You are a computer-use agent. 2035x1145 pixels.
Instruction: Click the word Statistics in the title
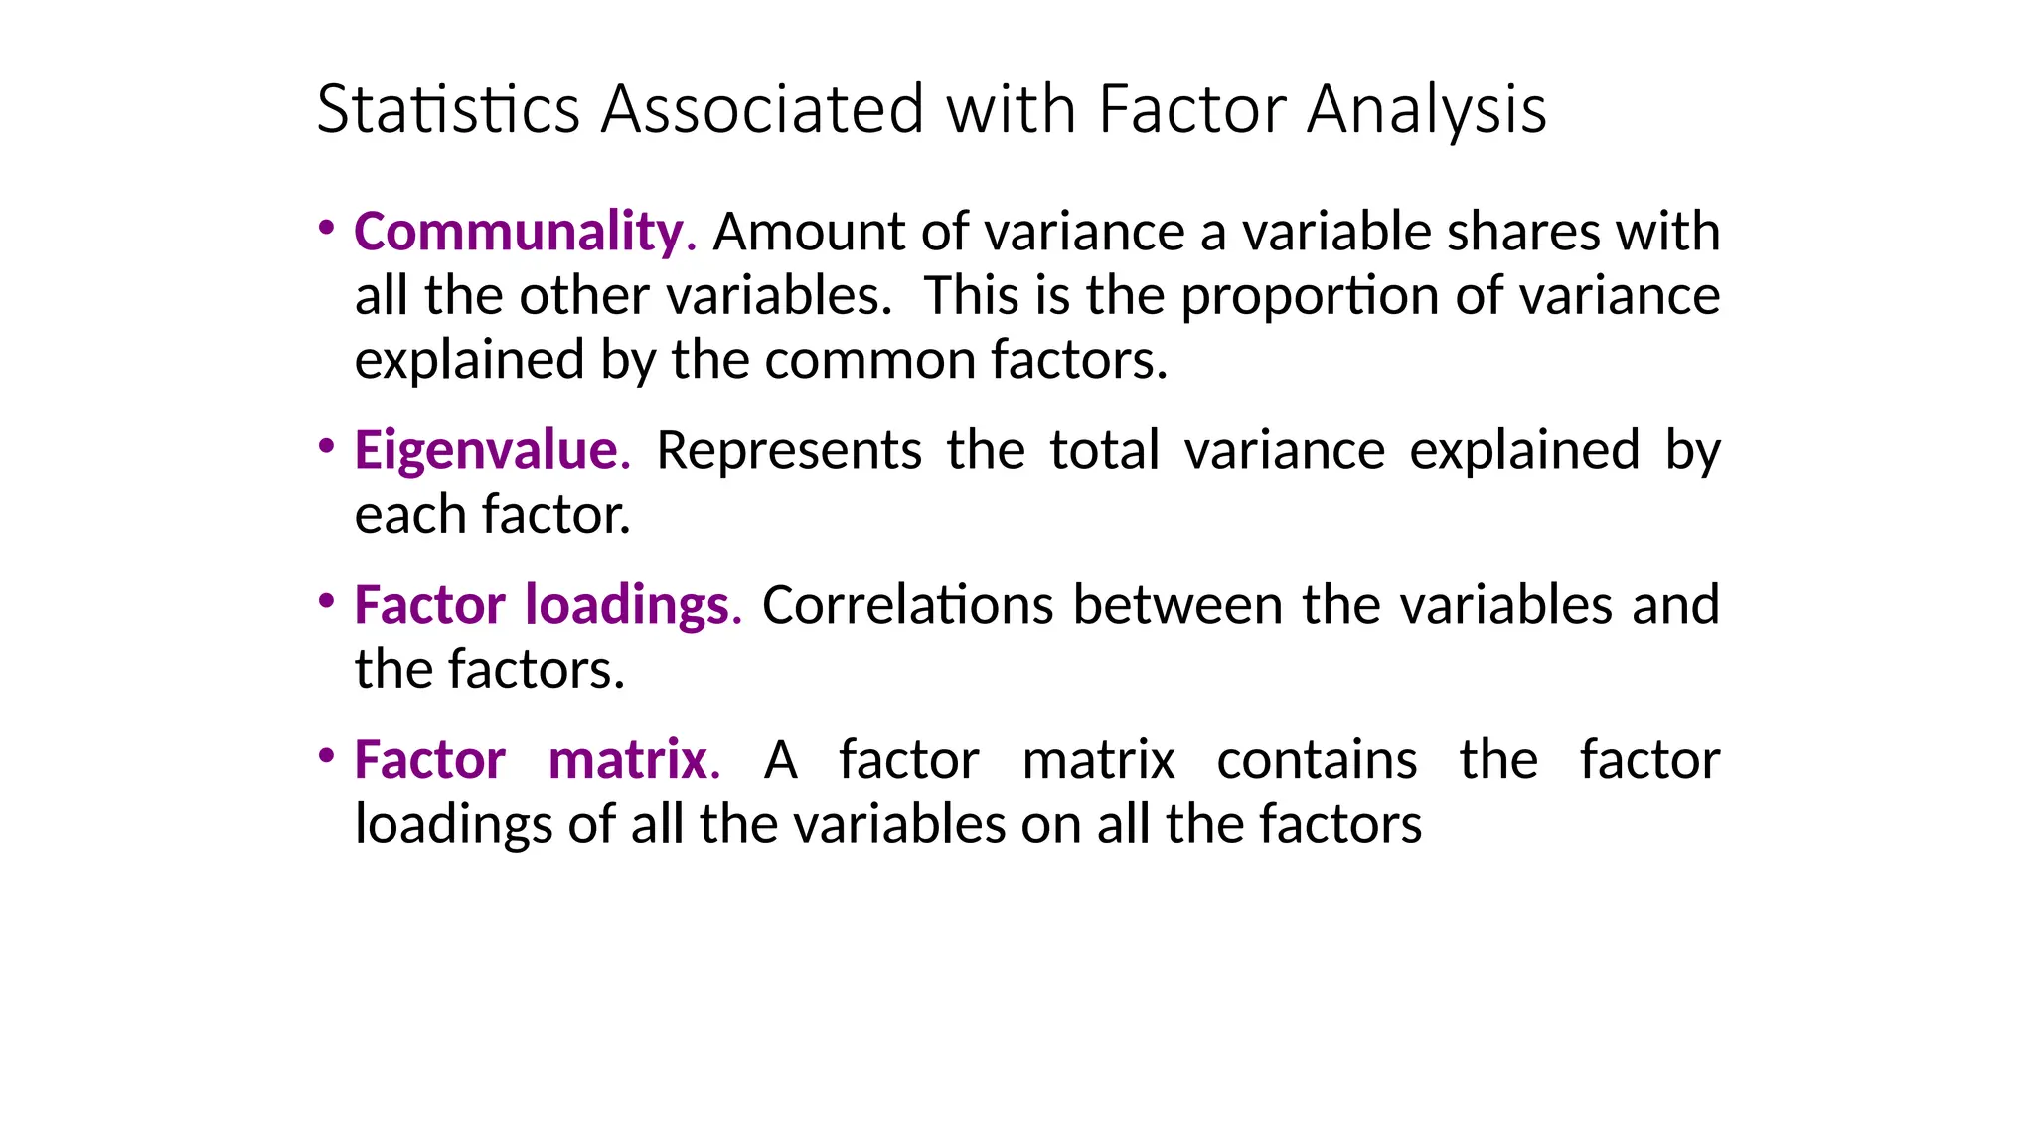tap(448, 108)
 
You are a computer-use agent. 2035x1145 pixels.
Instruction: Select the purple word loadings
tap(632, 606)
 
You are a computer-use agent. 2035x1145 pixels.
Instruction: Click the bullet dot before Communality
tap(326, 228)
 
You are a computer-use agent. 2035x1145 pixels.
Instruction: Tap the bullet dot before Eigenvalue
tap(326, 446)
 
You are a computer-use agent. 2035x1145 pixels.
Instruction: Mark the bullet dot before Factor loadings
tap(326, 601)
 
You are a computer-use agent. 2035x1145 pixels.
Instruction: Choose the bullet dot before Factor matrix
tap(326, 756)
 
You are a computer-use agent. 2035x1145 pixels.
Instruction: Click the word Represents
tap(789, 451)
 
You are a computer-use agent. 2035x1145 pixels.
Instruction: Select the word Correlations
tap(907, 606)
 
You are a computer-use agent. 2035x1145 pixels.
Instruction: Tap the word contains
tap(1317, 761)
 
